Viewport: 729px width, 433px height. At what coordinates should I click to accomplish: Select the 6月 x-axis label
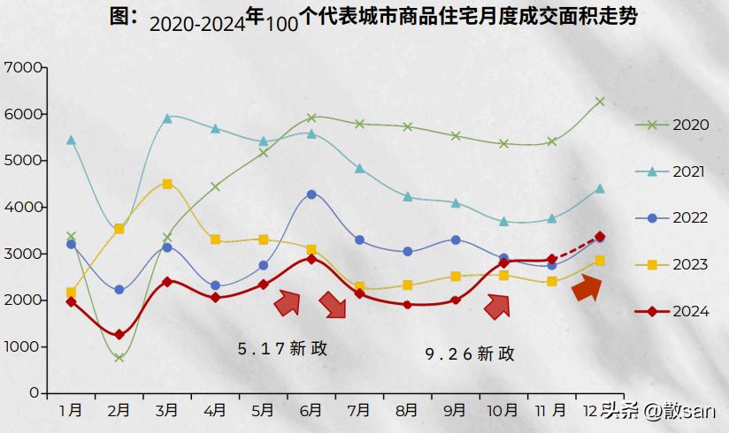311,411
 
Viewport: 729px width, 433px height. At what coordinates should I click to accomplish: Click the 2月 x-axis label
119,411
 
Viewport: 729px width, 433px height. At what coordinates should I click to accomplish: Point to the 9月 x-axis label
455,411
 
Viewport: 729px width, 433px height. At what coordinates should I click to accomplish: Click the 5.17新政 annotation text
282,349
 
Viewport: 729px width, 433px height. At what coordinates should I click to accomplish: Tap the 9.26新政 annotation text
470,354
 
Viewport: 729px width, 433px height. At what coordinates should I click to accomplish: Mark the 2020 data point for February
119,357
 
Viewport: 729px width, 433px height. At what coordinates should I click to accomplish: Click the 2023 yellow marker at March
167,184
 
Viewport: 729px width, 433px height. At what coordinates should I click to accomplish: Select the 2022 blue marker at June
311,194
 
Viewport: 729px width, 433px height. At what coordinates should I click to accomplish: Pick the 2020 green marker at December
600,102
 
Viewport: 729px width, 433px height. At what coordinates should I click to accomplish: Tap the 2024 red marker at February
119,335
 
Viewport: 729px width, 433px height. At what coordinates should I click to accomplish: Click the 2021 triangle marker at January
71,141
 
